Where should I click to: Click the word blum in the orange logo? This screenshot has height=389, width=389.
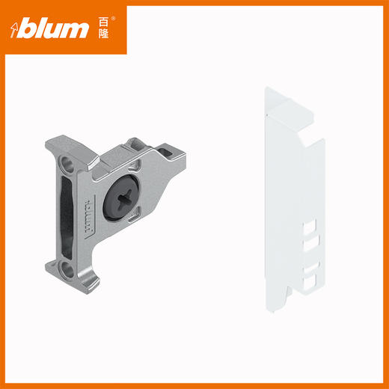53,30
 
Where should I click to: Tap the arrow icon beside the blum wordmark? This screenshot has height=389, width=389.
14,30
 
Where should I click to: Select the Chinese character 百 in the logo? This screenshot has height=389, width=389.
103,22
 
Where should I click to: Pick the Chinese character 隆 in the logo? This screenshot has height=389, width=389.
103,34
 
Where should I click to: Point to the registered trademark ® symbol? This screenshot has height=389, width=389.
113,19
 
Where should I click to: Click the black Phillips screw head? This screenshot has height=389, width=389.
121,197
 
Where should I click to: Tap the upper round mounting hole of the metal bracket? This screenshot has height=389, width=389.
67,165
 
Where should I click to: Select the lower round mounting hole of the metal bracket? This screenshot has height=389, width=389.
67,270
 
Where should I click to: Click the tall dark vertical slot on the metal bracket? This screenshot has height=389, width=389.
67,217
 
